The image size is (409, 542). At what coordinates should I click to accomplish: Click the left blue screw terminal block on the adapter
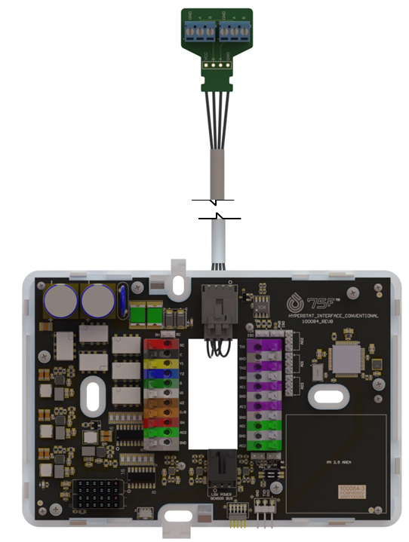pyautogui.click(x=197, y=30)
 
